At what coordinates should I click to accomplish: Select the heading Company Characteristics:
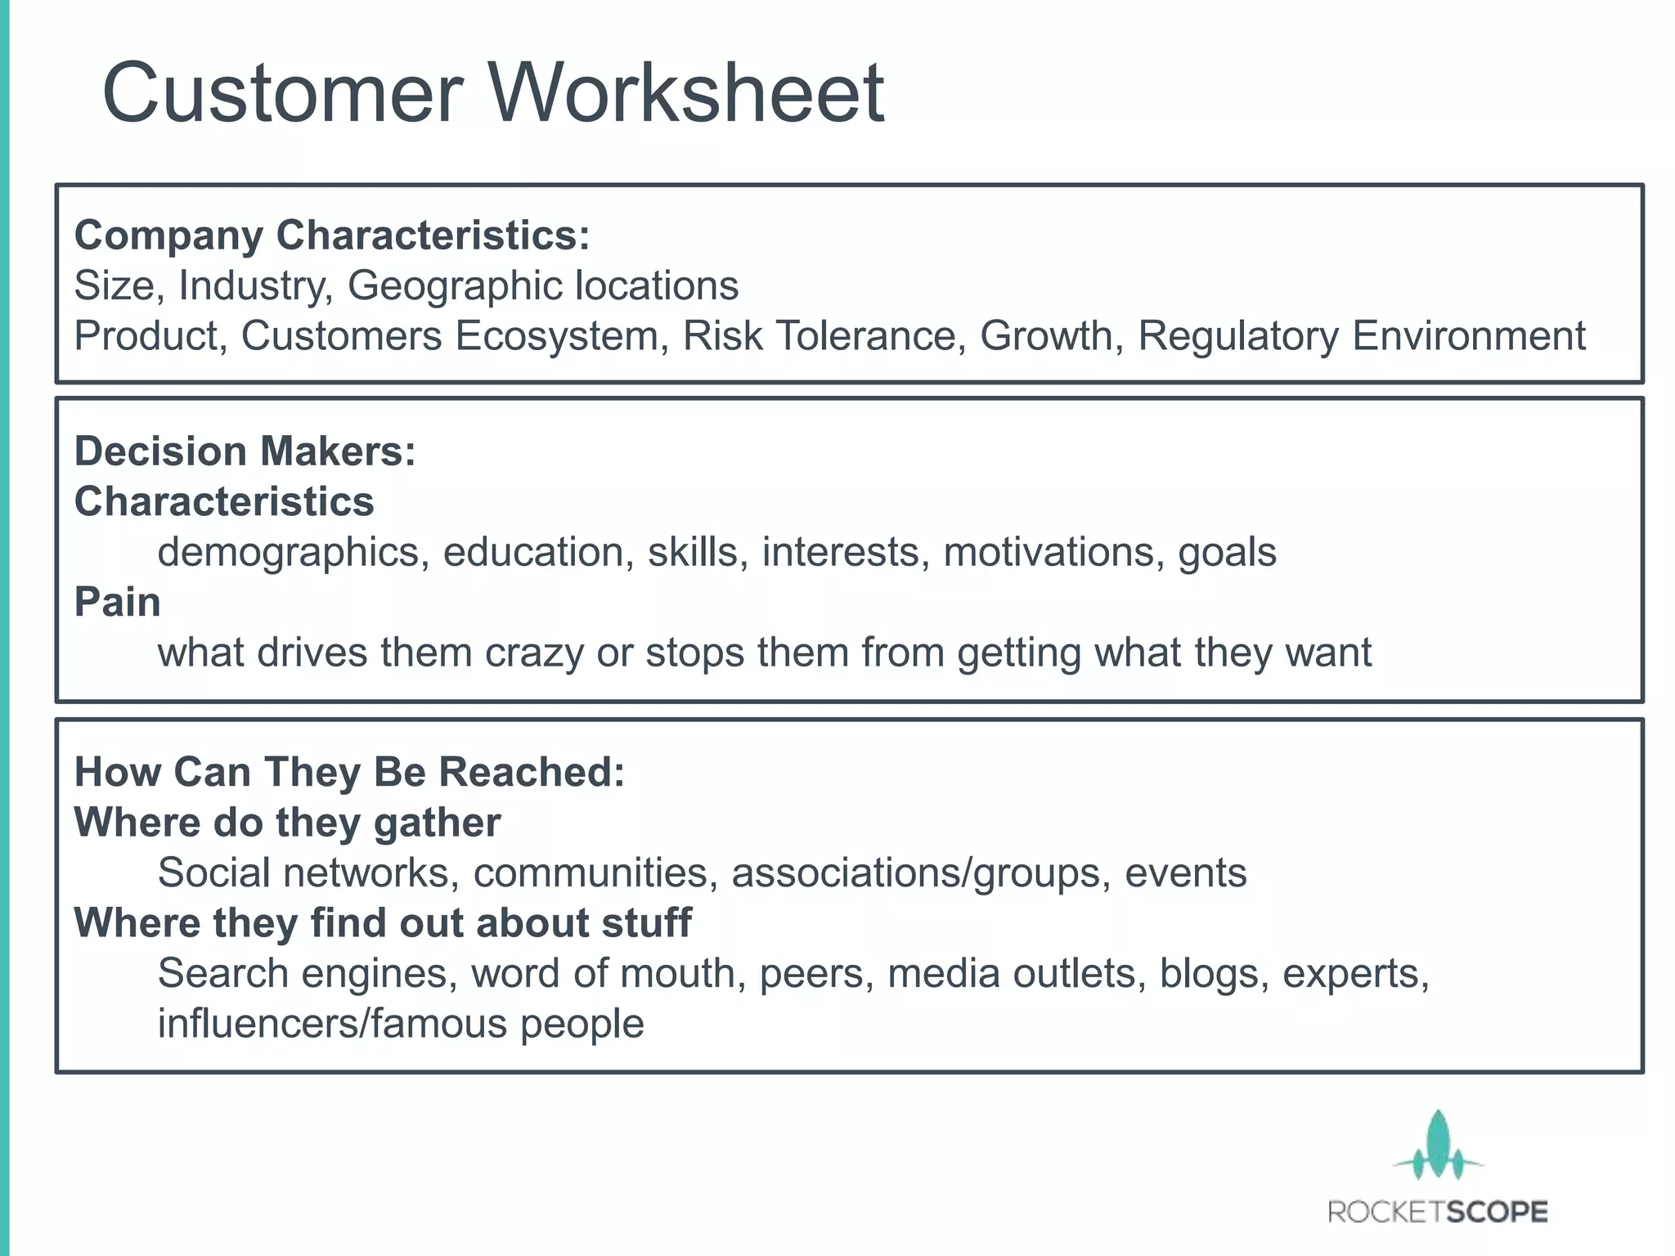tap(332, 235)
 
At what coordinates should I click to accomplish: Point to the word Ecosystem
tap(556, 336)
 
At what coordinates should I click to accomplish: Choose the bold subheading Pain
tap(118, 603)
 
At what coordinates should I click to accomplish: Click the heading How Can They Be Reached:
tap(349, 772)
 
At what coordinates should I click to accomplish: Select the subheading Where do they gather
tap(287, 823)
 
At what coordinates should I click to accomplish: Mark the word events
tap(1186, 873)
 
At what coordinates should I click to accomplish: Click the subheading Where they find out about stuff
tap(383, 923)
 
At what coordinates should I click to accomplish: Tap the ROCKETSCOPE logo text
tap(1438, 1212)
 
